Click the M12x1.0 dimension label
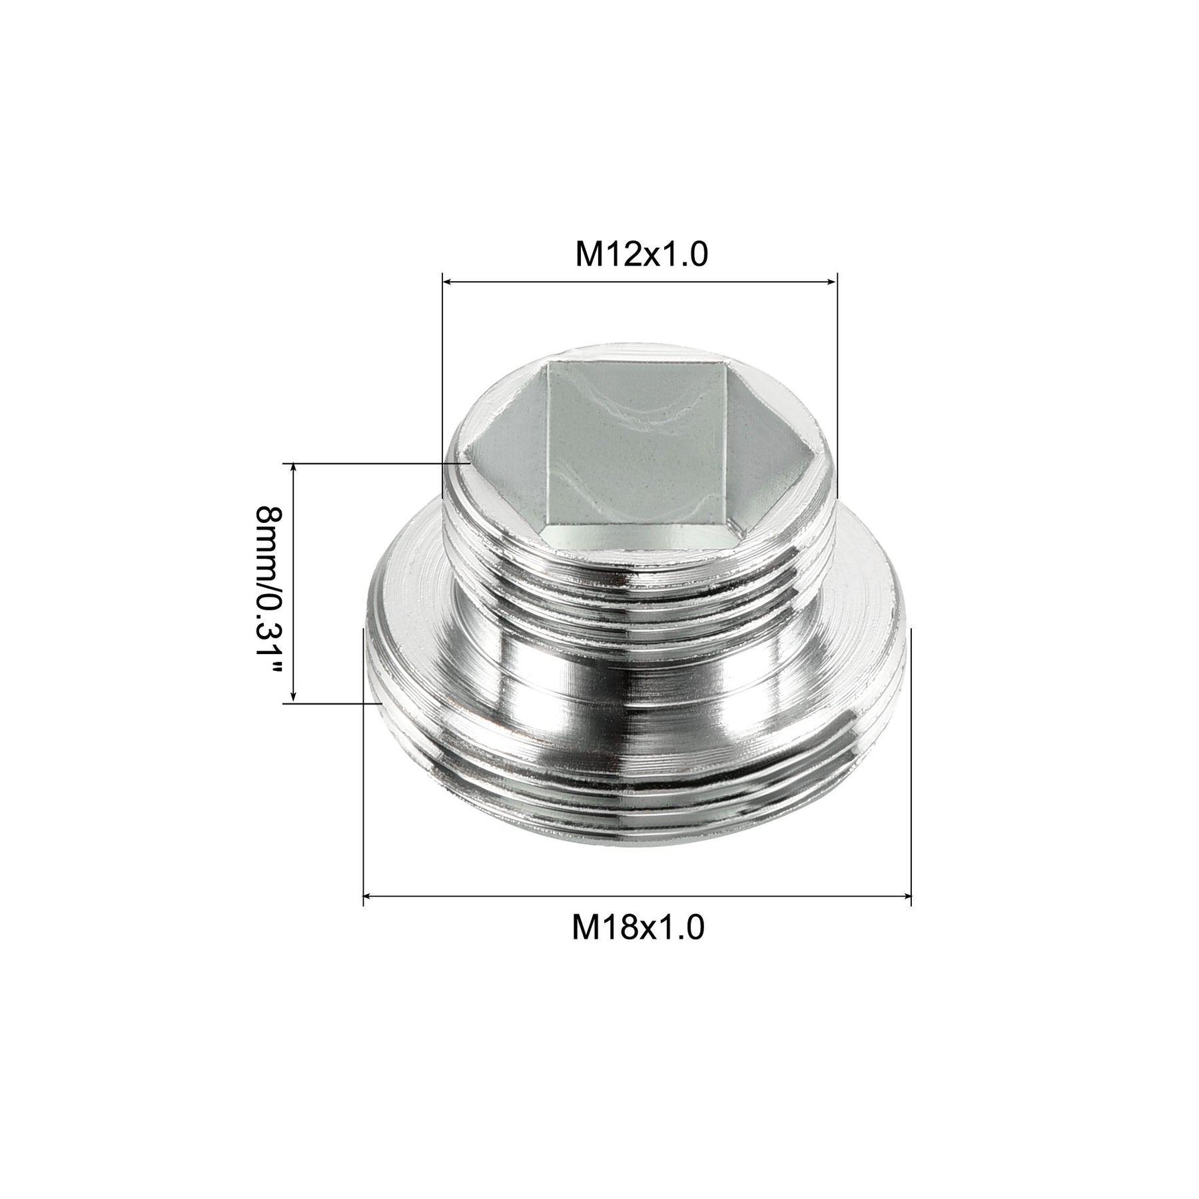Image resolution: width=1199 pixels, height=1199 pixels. coord(641,254)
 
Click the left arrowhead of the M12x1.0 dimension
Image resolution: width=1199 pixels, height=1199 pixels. coord(448,282)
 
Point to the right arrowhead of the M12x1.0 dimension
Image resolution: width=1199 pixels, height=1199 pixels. coord(832,282)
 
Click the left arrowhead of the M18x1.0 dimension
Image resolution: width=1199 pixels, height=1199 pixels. coord(368,897)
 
